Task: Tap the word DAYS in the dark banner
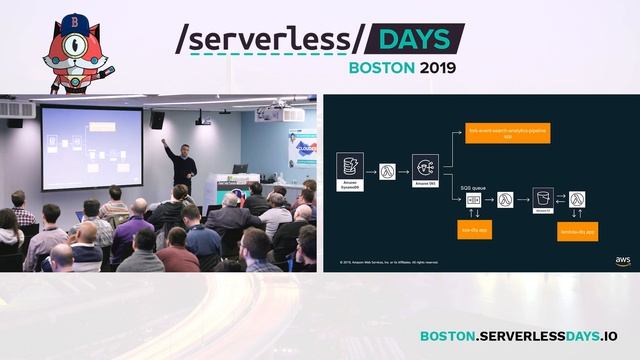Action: pos(412,38)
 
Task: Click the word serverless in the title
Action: pos(264,38)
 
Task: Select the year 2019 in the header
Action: pos(436,68)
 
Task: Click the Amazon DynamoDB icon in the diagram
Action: pos(350,166)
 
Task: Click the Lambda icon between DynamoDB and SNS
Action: pos(388,170)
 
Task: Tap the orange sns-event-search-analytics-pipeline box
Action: pos(497,131)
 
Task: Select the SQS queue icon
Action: pos(472,199)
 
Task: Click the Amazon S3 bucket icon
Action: pos(543,198)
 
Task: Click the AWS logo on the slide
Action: pos(622,260)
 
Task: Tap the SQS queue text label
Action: pos(472,186)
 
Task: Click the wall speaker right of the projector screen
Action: pos(157,120)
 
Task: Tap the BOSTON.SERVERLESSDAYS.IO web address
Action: pos(518,337)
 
